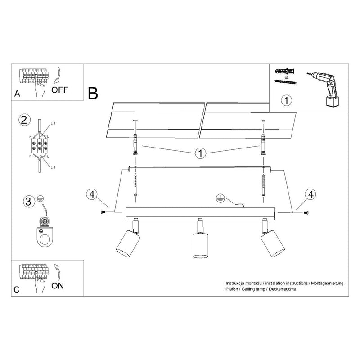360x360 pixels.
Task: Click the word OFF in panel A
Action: tap(59, 89)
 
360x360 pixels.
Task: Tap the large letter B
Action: tap(93, 93)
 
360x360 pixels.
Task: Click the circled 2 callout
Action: tap(25, 121)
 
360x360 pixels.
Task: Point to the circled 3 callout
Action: tap(28, 201)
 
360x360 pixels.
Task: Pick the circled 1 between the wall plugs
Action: tap(200, 153)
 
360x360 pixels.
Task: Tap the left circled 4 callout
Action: tap(91, 195)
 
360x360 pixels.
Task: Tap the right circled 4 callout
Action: tap(309, 195)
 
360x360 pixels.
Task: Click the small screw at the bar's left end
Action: tap(104, 212)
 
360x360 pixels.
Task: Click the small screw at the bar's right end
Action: tap(306, 212)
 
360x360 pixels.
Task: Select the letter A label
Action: tap(17, 94)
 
